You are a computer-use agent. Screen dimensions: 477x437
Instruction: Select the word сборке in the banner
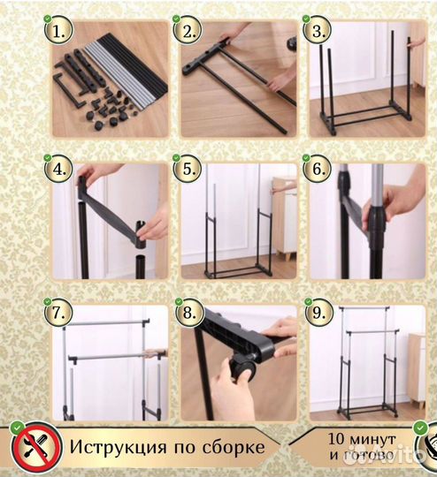231,447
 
